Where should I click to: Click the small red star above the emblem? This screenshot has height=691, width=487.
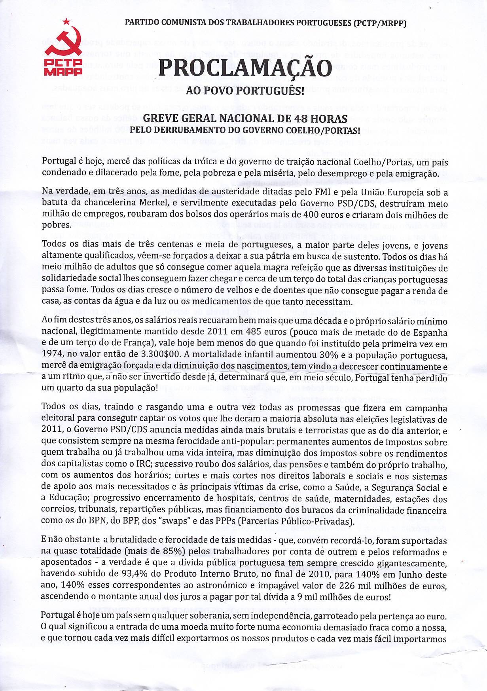tap(66, 21)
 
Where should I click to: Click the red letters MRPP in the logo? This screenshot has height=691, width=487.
tap(63, 72)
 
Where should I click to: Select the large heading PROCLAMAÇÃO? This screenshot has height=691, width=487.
tap(245, 68)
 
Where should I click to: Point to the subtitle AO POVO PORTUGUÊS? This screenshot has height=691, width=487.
tap(245, 91)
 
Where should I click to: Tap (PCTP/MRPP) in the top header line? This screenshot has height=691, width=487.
tap(379, 23)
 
